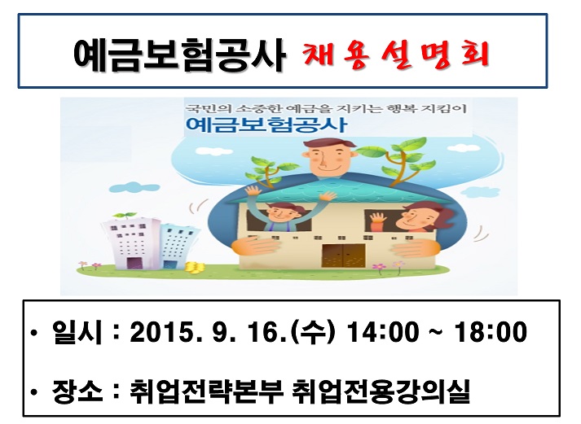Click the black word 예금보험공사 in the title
(178, 55)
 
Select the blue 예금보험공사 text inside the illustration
(265, 126)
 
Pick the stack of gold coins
(193, 267)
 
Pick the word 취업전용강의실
(380, 391)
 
